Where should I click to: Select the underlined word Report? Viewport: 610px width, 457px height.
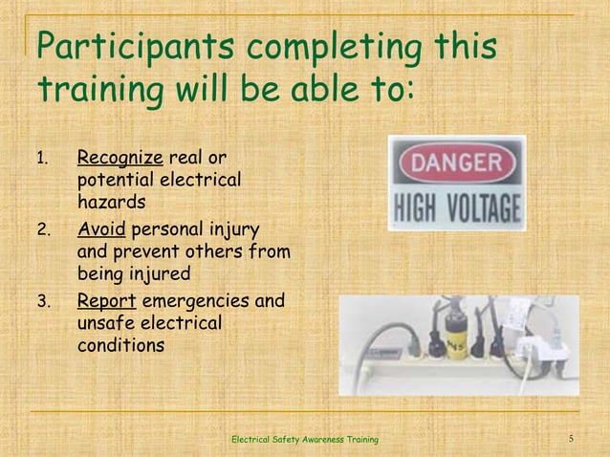click(106, 303)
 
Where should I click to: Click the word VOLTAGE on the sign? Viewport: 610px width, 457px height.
click(483, 207)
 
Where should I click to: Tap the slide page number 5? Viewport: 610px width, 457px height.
click(570, 439)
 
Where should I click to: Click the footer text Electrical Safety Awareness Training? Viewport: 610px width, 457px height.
click(305, 439)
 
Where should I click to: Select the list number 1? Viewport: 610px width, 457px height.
click(41, 158)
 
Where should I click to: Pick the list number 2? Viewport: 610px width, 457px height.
click(42, 231)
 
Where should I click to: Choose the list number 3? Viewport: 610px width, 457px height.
click(42, 304)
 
